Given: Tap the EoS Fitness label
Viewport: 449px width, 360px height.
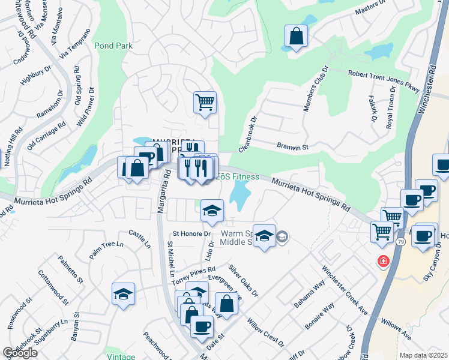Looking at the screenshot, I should [237, 176].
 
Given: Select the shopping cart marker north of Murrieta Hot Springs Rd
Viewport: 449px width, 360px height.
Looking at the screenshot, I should [205, 102].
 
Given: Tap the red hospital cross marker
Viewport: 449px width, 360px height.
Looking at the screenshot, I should [382, 262].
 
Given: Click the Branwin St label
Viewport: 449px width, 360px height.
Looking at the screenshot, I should [292, 146].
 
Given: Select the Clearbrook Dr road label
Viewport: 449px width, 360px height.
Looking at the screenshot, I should [247, 133].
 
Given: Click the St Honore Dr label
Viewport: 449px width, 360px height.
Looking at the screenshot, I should [192, 233].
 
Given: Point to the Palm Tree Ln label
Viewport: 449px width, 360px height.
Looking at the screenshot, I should [106, 250].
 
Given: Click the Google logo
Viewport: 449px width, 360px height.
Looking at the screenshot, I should [20, 353].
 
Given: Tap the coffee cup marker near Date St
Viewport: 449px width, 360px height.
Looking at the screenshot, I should [202, 326].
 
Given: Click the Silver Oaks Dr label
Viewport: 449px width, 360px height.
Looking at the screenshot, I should [243, 280].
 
